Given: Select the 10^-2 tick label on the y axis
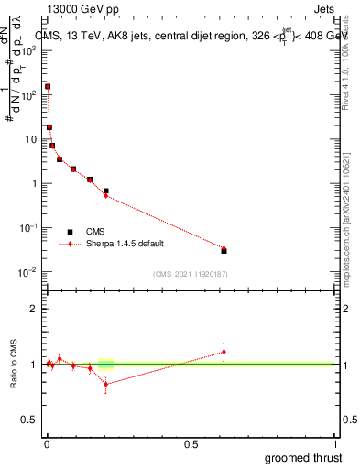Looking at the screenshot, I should coord(29,272).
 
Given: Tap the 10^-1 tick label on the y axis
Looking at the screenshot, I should coord(29,228).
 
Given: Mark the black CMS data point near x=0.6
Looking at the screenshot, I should coord(224,250).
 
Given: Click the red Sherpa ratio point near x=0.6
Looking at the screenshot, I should coord(224,352).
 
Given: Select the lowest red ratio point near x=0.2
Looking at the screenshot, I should coord(106,384).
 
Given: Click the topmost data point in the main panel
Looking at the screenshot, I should coord(48,87).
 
